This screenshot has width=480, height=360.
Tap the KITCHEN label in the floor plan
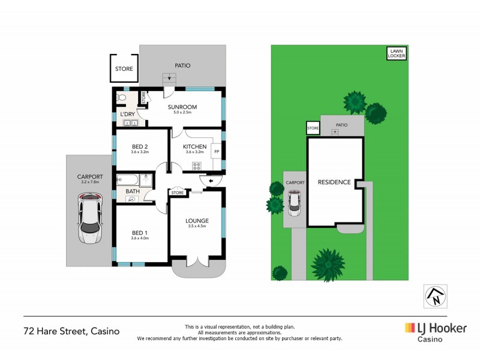pyautogui.click(x=195, y=146)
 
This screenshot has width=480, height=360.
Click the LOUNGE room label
pyautogui.click(x=197, y=221)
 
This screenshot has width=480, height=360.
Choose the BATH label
pyautogui.click(x=133, y=191)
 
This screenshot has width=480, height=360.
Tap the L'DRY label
pyautogui.click(x=127, y=114)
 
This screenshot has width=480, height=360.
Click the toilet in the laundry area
pyautogui.click(x=121, y=97)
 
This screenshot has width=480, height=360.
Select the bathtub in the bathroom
pyautogui.click(x=130, y=179)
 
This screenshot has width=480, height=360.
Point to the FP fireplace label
pyautogui.click(x=217, y=151)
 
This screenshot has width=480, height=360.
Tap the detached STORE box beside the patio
pyautogui.click(x=124, y=69)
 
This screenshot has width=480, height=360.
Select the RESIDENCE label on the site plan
pyautogui.click(x=334, y=182)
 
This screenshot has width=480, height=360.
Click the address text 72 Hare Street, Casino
pyautogui.click(x=71, y=331)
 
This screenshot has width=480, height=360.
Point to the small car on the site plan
pyautogui.click(x=294, y=203)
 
